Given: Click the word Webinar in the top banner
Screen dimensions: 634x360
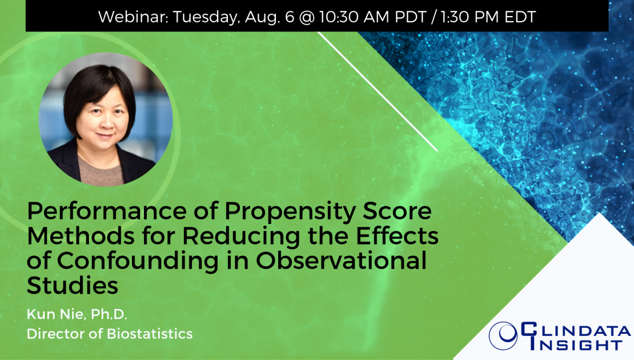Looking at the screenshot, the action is (x=133, y=17).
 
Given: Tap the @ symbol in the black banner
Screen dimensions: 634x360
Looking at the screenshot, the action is (x=307, y=17).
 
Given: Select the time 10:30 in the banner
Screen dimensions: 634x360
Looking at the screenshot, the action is (x=339, y=17).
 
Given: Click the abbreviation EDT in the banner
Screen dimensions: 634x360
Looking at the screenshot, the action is (x=520, y=17).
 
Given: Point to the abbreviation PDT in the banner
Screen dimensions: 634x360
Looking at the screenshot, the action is (x=411, y=17).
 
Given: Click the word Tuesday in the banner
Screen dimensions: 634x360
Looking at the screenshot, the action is (x=206, y=18).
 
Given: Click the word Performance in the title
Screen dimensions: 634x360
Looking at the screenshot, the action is (x=107, y=211).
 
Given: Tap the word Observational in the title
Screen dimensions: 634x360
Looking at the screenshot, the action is (x=341, y=261).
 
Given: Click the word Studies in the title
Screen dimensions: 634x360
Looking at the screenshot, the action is (x=73, y=286).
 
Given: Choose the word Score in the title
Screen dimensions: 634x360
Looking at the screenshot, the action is (x=397, y=211).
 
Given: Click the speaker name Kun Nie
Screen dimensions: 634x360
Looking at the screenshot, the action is (x=56, y=314).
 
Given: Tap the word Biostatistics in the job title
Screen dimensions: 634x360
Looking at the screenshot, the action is (x=150, y=334).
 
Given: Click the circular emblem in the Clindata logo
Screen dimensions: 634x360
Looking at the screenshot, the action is (x=503, y=336).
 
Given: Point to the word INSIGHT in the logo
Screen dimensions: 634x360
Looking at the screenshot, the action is (x=576, y=345).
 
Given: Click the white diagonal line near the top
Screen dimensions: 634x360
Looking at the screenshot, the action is (x=378, y=91).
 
